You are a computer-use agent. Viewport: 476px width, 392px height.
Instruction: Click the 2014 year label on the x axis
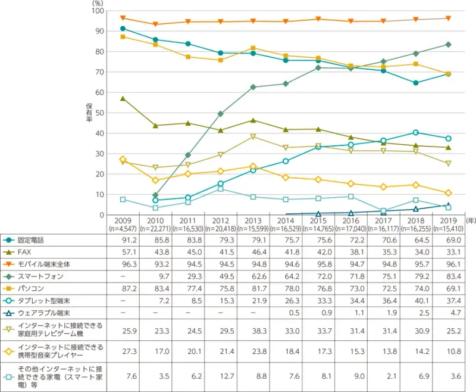pyautogui.click(x=286, y=220)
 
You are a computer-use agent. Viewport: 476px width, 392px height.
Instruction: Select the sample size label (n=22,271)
pyautogui.click(x=155, y=228)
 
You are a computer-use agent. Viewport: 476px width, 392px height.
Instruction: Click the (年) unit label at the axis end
pyautogui.click(x=469, y=220)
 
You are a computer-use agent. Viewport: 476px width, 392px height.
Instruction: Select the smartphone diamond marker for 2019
pyautogui.click(x=448, y=45)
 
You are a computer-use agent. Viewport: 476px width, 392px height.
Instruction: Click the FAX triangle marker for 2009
pyautogui.click(x=123, y=98)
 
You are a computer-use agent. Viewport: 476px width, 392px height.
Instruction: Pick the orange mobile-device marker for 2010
pyautogui.click(x=155, y=24)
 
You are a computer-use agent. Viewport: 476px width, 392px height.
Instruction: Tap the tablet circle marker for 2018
pyautogui.click(x=415, y=132)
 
